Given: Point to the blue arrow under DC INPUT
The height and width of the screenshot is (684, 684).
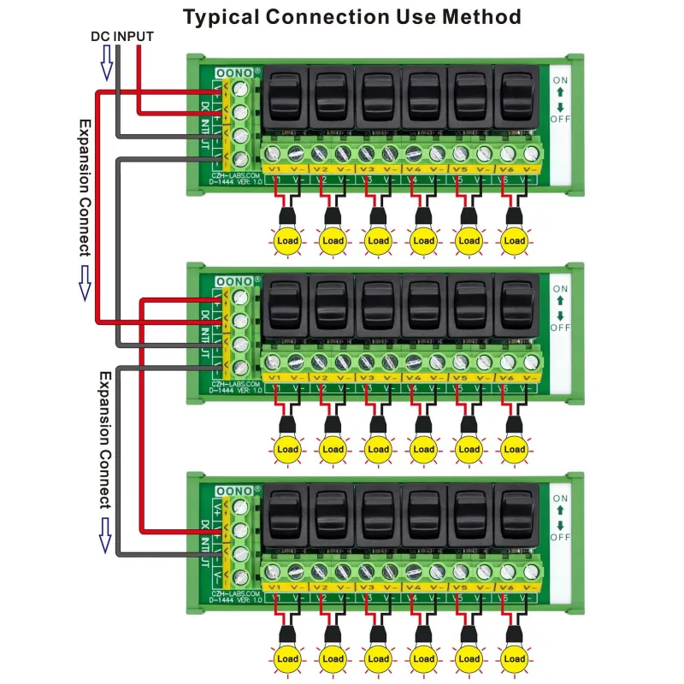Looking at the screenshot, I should (107, 62).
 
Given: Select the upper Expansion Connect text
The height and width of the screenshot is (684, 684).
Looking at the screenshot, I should (84, 187).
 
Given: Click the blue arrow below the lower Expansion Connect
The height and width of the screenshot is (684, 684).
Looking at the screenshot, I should (107, 533).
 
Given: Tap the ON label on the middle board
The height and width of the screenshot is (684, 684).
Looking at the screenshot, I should (560, 289).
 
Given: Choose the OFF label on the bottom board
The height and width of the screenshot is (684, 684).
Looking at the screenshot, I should (560, 537).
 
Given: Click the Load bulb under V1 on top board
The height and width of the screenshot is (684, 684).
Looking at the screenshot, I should (287, 240).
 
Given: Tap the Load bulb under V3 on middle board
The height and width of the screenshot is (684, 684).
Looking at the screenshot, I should (378, 449).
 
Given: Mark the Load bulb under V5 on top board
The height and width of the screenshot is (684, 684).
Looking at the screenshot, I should (469, 240).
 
